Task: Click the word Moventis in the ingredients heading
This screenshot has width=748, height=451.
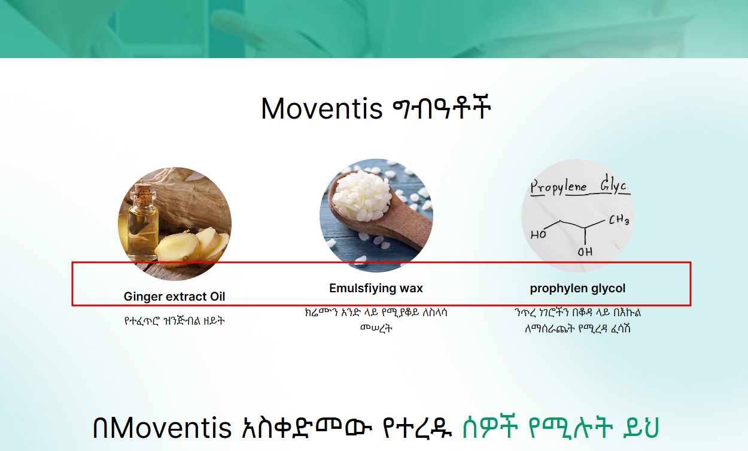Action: coord(321,108)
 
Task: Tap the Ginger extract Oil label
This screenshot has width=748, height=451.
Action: coord(174,296)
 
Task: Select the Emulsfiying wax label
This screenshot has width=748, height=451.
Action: coord(376,288)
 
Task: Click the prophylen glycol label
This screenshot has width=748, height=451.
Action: coord(577,288)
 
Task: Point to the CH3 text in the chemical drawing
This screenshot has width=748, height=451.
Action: coord(619,220)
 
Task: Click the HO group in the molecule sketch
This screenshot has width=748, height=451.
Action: coord(539,234)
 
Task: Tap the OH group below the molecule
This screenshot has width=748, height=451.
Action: coord(585,252)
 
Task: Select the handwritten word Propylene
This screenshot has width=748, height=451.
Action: coord(559,187)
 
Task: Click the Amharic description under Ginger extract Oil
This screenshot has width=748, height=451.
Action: coord(174,321)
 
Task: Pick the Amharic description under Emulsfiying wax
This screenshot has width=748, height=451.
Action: coord(376,320)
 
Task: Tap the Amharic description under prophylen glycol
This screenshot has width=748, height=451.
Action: coord(577,320)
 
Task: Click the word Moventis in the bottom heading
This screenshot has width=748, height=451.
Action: coord(171,428)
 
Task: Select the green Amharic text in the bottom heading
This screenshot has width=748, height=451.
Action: coord(561,427)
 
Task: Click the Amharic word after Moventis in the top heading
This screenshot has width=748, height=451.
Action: coord(442,108)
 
